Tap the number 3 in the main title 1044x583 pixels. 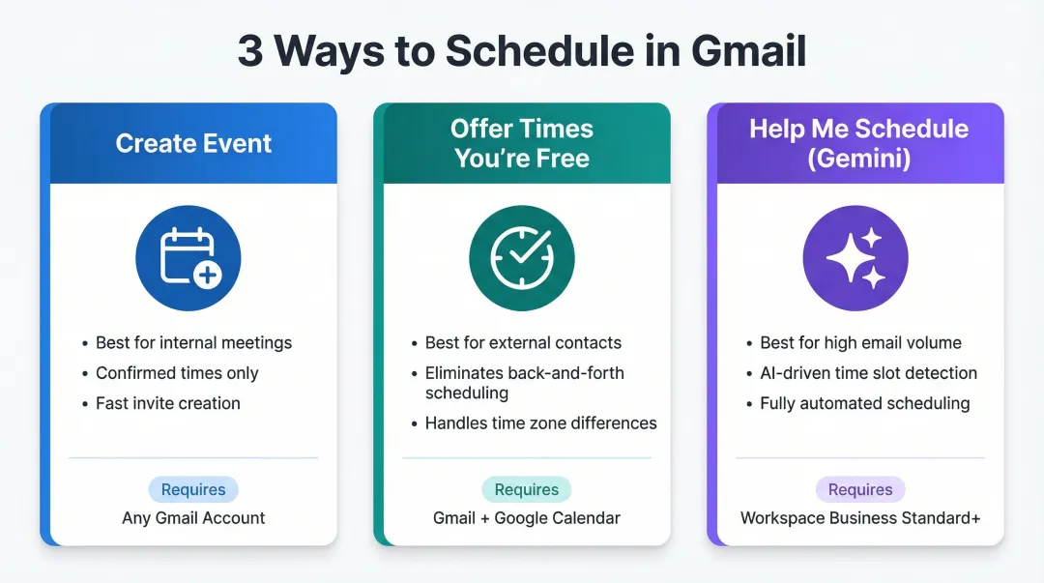[250, 51]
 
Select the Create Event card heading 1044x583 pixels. [193, 144]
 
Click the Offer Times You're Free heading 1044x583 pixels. [522, 144]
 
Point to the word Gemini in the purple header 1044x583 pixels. [859, 159]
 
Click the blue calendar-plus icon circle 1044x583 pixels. [188, 258]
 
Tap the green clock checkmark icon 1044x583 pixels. [522, 258]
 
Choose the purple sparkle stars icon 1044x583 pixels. [855, 258]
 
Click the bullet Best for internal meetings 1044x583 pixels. [193, 343]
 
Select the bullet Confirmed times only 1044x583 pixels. [177, 373]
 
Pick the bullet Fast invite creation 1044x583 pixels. [168, 403]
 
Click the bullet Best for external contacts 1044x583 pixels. [523, 343]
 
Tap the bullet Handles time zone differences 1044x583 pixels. [540, 423]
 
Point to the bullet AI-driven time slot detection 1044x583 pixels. [868, 373]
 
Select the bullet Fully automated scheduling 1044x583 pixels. [864, 403]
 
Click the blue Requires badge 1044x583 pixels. [193, 489]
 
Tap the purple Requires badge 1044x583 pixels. [860, 489]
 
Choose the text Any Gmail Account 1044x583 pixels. [193, 518]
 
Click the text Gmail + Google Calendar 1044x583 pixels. [527, 518]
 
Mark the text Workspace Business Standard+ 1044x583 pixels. [860, 518]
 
